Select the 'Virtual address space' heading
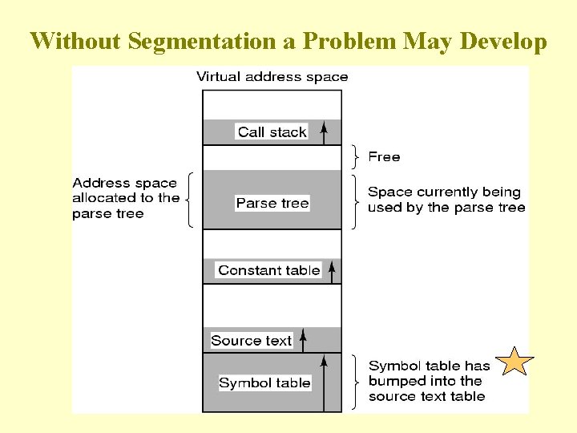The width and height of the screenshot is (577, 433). coord(272,77)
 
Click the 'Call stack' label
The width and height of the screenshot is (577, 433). coord(272,132)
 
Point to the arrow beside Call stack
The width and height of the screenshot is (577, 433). coord(324,132)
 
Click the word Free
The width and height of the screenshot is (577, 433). coord(384,157)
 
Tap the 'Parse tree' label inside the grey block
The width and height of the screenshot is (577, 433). coord(272,204)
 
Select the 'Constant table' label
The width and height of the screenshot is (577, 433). coord(269,270)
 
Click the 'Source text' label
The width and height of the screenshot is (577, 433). coord(252,341)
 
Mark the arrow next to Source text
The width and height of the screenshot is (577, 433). coord(303,341)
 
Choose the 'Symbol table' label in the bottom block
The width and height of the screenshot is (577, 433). coord(264,383)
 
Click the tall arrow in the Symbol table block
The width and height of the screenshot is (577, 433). coord(324,385)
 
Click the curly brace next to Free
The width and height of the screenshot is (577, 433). coord(355,157)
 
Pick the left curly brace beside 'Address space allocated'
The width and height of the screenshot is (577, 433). coord(189,199)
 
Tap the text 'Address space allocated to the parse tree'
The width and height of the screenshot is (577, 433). coord(126,198)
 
